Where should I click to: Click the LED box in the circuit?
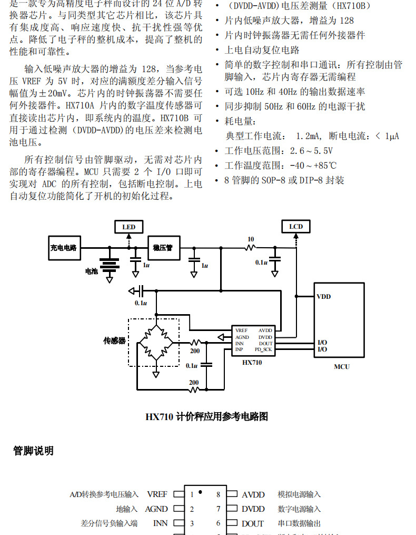coord(128,227)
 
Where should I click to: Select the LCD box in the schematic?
coord(296,227)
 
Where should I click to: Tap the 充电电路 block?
coord(64,248)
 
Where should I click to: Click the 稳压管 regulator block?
coord(163,247)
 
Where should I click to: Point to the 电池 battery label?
coord(92,271)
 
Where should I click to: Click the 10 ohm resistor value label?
coord(251,239)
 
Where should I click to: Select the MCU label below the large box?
coord(341,366)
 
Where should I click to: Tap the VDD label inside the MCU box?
coord(324,297)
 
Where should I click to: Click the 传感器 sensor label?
coord(114,341)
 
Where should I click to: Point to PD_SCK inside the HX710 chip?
coord(264,349)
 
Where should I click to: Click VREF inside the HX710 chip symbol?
coord(242,330)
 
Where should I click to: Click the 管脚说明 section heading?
coord(33,451)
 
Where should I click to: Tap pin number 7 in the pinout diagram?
coord(218,509)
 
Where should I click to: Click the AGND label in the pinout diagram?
coord(156,509)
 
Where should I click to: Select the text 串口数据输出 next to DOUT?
coord(299,523)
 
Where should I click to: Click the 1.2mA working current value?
coord(307,136)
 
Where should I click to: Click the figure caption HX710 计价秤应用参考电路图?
coord(206,416)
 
